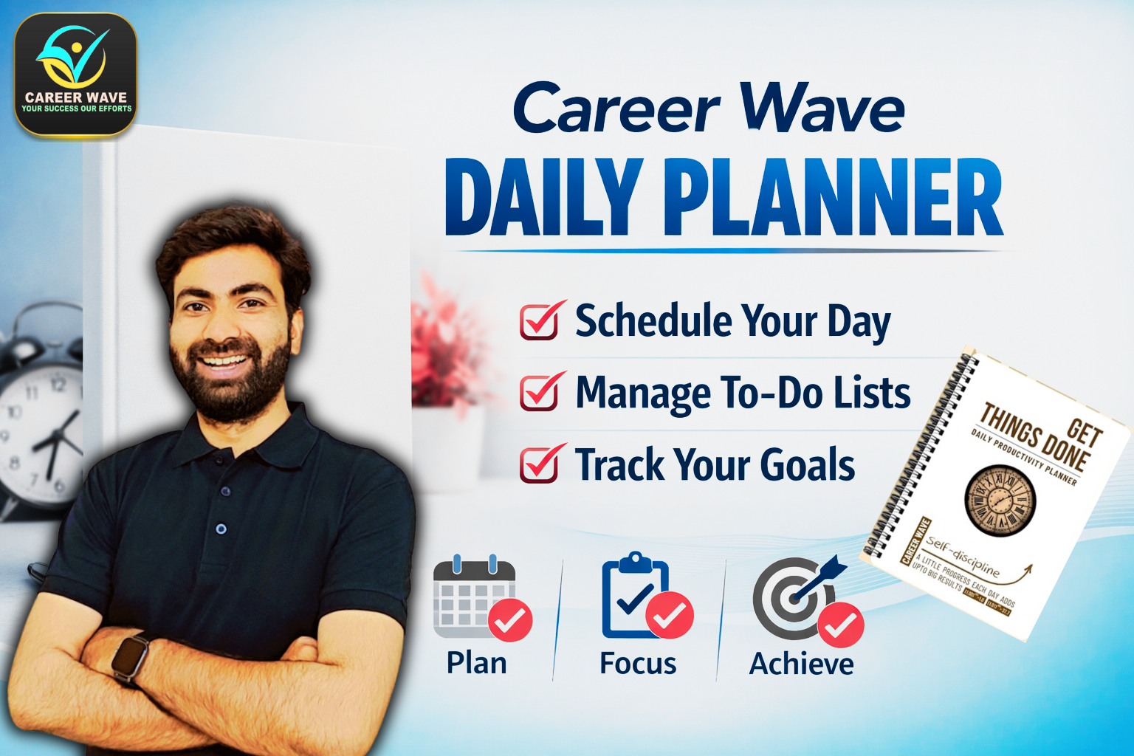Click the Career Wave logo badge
pyautogui.click(x=76, y=75)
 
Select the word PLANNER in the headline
pyautogui.click(x=834, y=198)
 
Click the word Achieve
pyautogui.click(x=801, y=664)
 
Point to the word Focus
pyautogui.click(x=638, y=663)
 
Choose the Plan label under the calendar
pyautogui.click(x=476, y=663)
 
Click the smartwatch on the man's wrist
pyautogui.click(x=130, y=656)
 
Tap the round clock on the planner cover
pyautogui.click(x=1000, y=501)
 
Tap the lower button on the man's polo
pyautogui.click(x=221, y=529)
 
